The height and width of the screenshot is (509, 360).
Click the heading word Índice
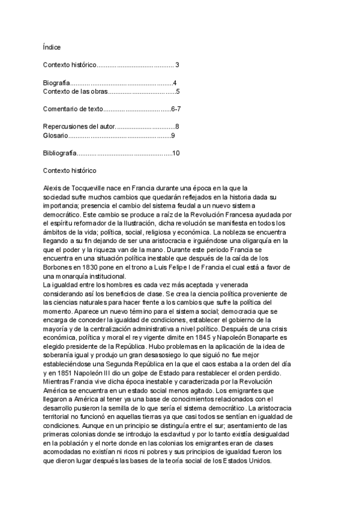(x=52, y=47)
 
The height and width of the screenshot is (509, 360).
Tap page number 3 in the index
(x=177, y=65)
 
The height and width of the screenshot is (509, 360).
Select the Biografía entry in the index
(x=57, y=83)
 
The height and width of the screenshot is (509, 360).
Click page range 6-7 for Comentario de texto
(x=180, y=109)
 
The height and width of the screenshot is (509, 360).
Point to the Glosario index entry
(x=56, y=136)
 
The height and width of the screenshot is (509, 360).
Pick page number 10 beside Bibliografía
(x=176, y=154)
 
